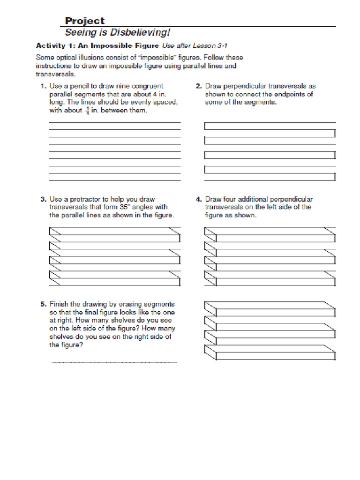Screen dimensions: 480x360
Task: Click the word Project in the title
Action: [84, 21]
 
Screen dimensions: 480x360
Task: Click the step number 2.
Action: [198, 86]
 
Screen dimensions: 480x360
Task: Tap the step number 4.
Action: [198, 199]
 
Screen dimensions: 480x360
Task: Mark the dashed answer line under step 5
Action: [114, 362]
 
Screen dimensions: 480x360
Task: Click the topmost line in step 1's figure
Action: [115, 123]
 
